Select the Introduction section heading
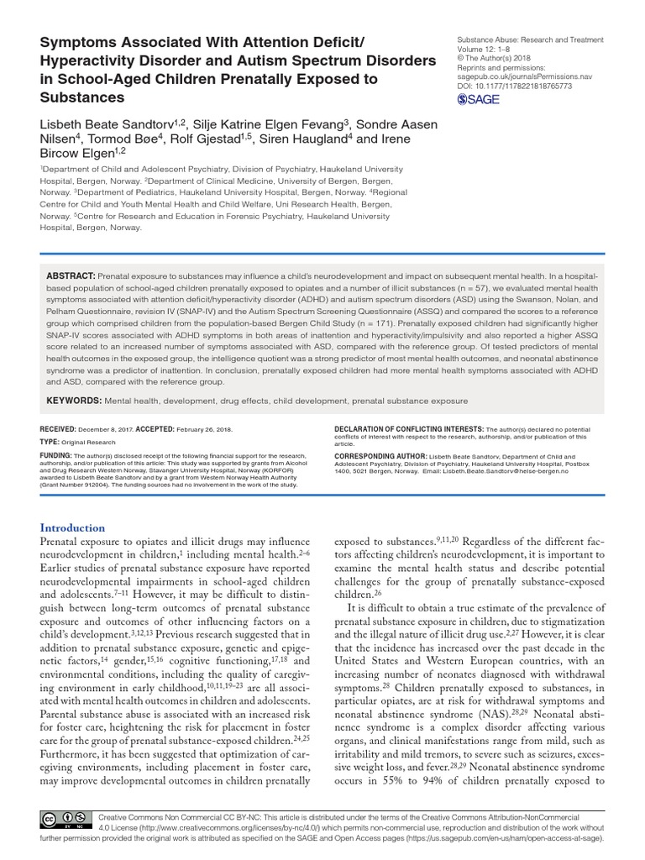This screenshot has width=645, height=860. point(73,527)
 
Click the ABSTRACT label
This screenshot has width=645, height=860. point(69,275)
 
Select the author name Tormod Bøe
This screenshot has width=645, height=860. point(116,139)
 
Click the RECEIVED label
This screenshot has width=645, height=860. point(62,427)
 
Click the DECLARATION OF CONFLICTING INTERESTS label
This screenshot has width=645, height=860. point(402,427)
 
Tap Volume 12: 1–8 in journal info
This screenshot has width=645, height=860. point(484,49)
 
